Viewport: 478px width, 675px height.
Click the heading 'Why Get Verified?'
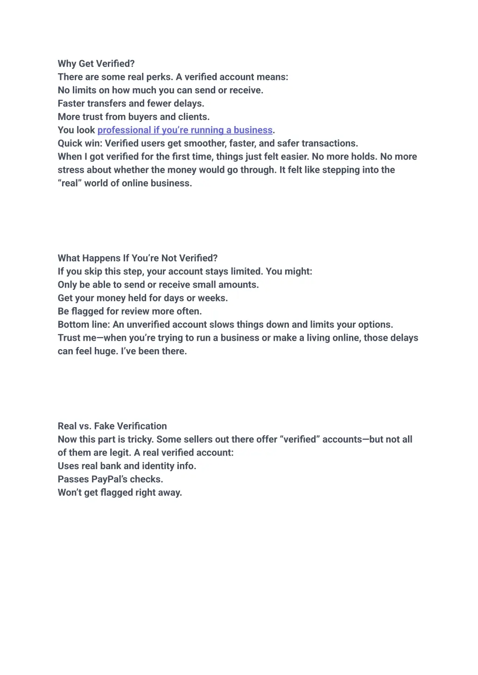96,64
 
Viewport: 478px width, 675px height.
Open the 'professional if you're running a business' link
185,130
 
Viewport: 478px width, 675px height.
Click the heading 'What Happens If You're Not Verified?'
138,258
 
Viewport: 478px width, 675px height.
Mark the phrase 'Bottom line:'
84,325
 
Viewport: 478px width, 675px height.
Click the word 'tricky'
140,440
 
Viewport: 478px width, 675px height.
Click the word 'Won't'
70,493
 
